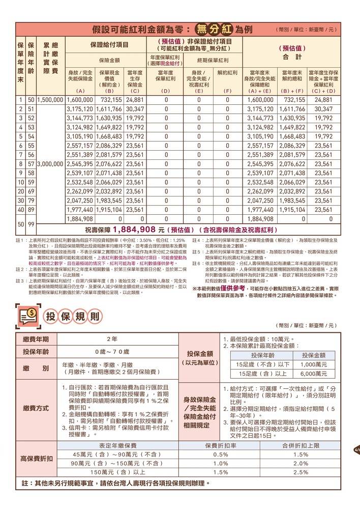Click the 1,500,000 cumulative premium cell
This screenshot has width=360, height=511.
click(50, 100)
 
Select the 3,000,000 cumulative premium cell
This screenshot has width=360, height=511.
click(50, 164)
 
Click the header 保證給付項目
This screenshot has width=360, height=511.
click(109, 45)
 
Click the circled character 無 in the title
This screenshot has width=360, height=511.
click(203, 29)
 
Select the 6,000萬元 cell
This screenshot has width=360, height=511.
click(313, 374)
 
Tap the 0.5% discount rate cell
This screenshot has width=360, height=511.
click(220, 454)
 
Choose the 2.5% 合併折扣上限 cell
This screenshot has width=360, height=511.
click(301, 472)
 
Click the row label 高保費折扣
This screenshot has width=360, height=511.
click(36, 459)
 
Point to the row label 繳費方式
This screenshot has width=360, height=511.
click(36, 408)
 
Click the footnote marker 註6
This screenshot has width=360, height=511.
click(195, 263)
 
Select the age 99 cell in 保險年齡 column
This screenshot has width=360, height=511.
click(31, 223)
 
